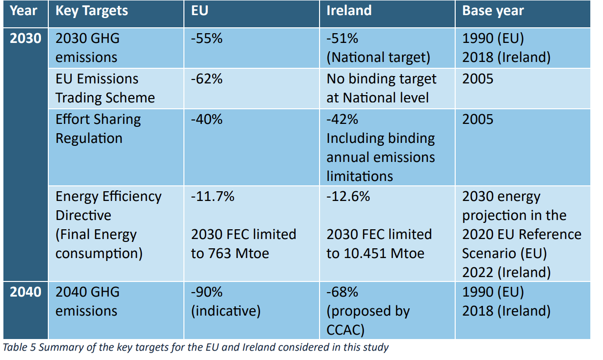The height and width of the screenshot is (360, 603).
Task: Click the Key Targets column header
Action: [92, 11]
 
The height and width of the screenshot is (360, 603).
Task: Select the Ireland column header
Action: [349, 11]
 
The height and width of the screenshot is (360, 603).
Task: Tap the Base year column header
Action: [493, 11]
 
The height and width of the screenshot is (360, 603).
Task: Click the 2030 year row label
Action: [25, 38]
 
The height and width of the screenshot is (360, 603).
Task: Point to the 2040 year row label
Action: [25, 292]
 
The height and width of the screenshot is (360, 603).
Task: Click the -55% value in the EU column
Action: [206, 38]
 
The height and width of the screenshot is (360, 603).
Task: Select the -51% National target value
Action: [342, 38]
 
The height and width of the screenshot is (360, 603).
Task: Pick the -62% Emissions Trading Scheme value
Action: [206, 79]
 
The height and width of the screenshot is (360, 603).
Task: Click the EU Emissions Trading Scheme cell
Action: [105, 88]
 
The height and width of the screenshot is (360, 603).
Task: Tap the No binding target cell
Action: [382, 88]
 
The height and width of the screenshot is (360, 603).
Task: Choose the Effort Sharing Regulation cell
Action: [98, 129]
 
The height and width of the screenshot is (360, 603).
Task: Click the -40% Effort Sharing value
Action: [206, 119]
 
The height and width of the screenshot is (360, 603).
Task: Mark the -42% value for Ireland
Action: [342, 119]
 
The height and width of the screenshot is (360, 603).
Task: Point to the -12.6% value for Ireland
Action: [348, 196]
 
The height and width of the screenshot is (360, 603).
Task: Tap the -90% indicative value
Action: [206, 292]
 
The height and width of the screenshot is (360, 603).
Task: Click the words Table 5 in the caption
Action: [18, 348]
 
